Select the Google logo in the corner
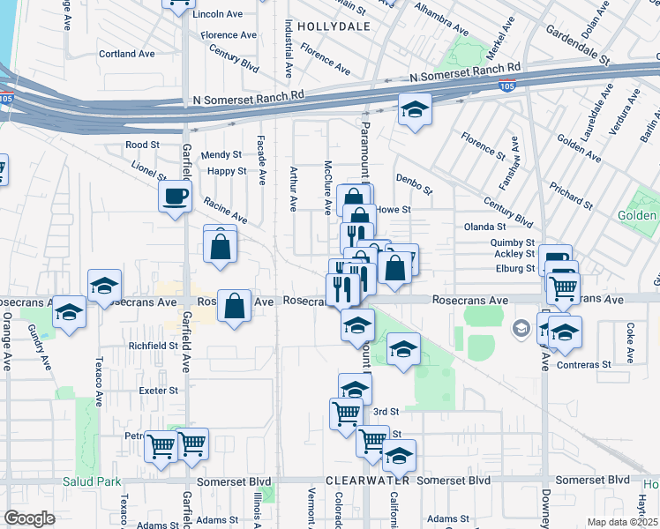(x=30, y=518)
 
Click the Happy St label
(x=228, y=171)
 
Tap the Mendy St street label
(x=221, y=154)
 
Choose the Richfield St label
(x=154, y=346)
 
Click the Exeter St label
(x=158, y=390)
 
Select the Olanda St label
(x=484, y=227)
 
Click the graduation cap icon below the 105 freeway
(x=414, y=109)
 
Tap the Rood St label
(x=141, y=145)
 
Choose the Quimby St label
(x=514, y=242)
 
